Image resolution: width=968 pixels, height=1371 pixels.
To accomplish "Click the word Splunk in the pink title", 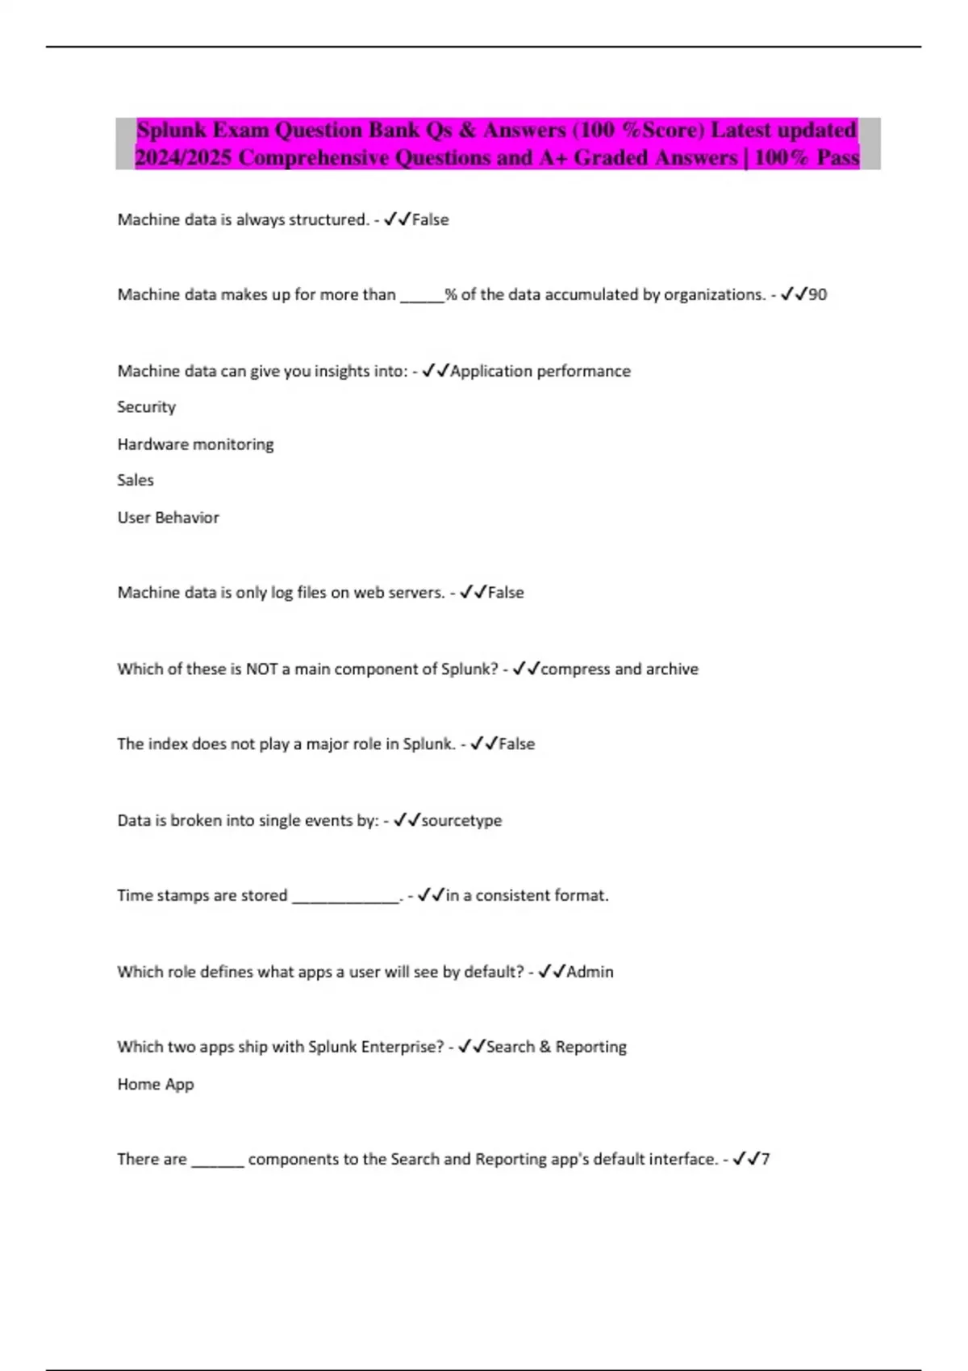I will (171, 130).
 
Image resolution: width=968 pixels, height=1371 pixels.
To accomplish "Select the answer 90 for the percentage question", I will (817, 295).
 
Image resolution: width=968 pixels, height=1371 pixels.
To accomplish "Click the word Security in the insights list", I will (146, 407).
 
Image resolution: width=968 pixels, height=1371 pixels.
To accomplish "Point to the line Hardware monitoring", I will (195, 444).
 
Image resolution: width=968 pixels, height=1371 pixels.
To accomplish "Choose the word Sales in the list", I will (135, 481).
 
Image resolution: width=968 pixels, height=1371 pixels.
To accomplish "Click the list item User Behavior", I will (168, 518).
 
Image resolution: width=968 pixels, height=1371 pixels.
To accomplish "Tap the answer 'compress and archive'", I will (619, 669).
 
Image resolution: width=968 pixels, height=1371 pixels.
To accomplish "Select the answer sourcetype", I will (461, 821).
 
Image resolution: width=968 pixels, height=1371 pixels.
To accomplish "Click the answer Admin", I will (590, 973).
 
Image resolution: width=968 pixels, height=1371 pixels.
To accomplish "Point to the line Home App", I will (156, 1085).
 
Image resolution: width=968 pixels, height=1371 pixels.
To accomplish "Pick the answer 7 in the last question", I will (766, 1160).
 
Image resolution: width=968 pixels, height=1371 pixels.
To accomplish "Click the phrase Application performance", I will (540, 372).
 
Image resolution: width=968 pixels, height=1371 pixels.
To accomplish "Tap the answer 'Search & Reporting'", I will (556, 1047).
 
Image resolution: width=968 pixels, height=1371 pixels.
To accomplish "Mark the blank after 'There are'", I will (217, 1162).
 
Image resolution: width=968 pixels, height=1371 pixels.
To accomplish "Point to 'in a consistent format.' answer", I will (527, 896).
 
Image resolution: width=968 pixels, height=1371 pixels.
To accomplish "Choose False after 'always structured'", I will (430, 220).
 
